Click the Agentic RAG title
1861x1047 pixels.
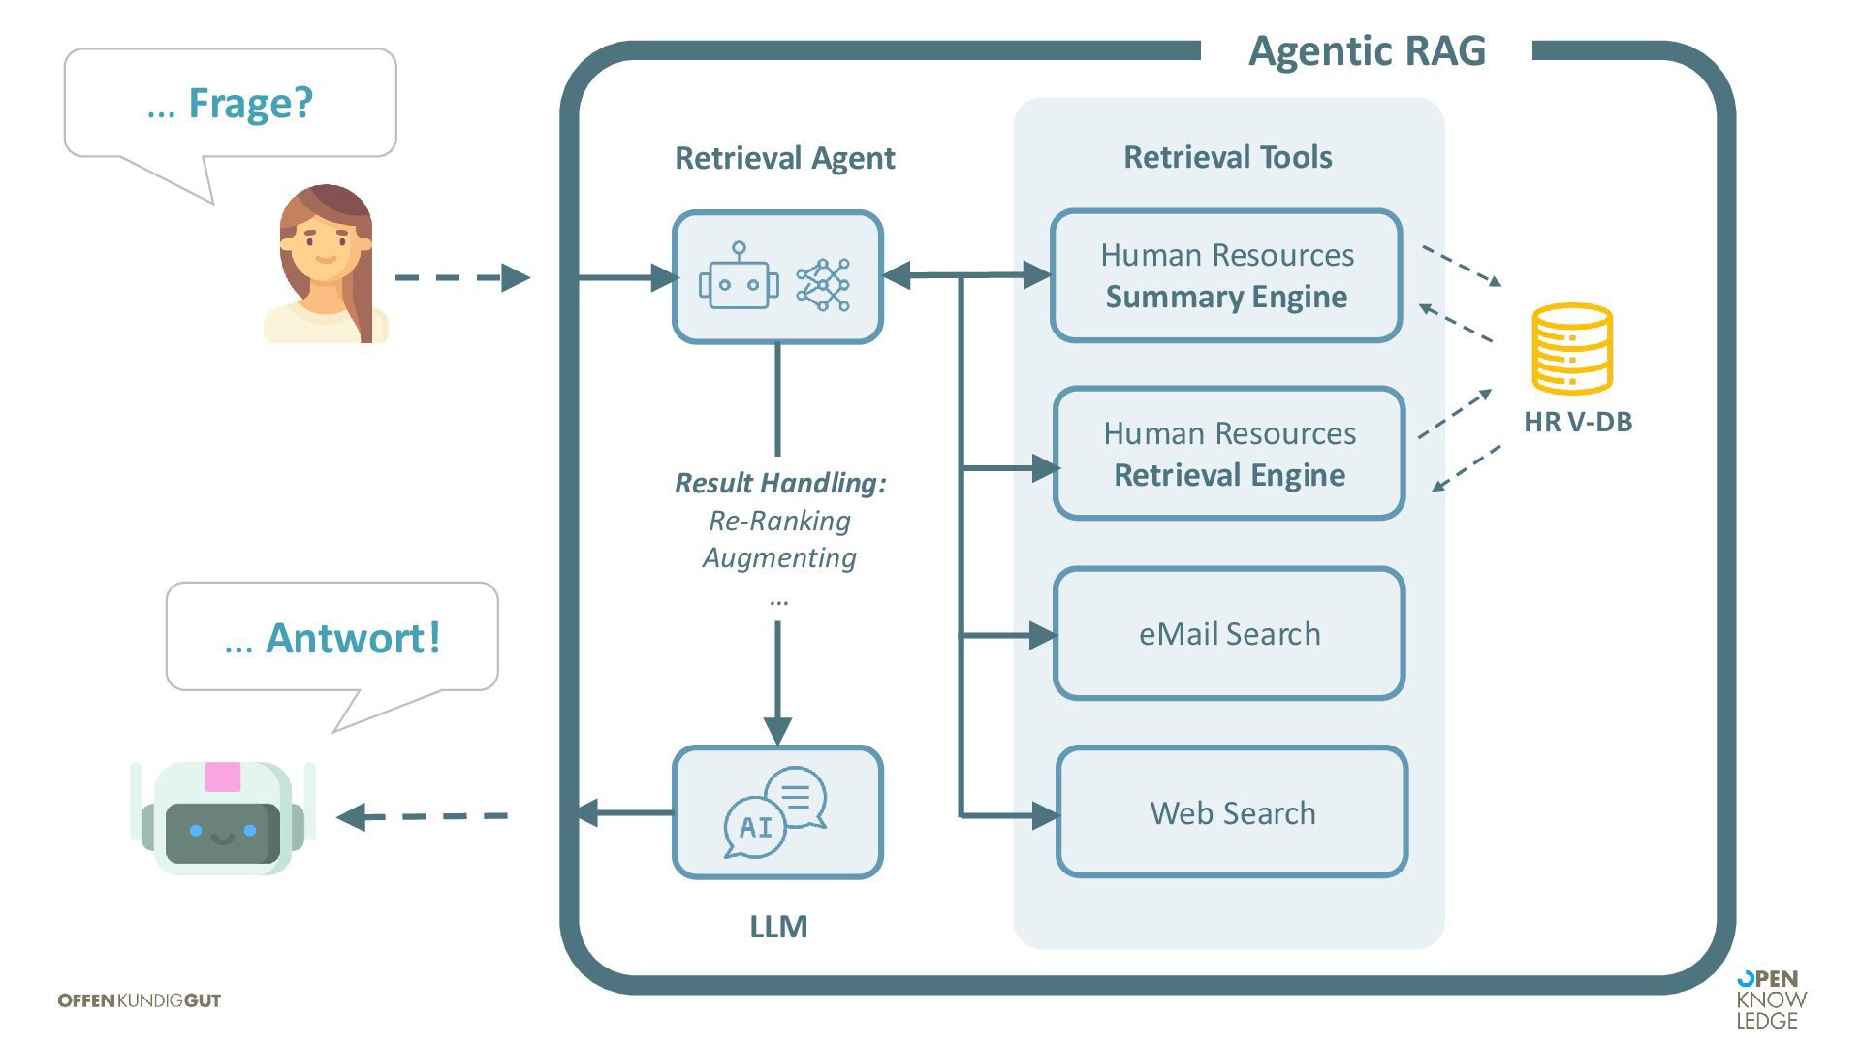coord(1367,50)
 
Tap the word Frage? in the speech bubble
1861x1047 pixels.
coord(250,103)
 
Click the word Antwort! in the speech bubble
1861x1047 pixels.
coord(353,638)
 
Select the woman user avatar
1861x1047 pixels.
coord(326,264)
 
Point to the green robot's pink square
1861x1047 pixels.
coord(223,777)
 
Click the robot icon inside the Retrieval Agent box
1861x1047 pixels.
coord(739,277)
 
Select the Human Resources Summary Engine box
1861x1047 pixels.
coord(1226,276)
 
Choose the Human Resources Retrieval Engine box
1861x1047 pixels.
coord(1229,454)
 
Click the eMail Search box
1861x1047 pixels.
coord(1229,634)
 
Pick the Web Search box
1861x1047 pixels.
coord(1232,812)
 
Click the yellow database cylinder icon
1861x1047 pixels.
coord(1572,349)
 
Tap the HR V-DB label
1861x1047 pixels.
coord(1578,422)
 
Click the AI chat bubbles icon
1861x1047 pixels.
coord(776,812)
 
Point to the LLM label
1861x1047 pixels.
coord(778,927)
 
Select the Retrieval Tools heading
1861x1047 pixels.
coord(1227,157)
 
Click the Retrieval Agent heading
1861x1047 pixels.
coord(784,158)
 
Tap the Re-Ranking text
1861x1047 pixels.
coord(779,521)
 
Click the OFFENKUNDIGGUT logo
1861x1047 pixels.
coord(140,1000)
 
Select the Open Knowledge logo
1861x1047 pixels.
coord(1771,999)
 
